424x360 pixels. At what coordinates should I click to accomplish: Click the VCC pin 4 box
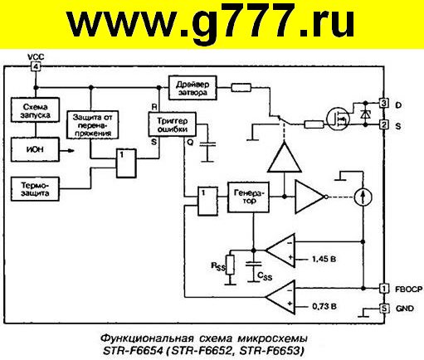tap(36, 66)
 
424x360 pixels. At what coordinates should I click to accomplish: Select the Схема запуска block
tap(35, 110)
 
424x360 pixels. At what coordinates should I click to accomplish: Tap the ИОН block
tap(35, 149)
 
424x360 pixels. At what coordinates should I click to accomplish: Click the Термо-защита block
tap(35, 189)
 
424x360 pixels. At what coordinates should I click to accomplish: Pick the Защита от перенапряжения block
tap(93, 125)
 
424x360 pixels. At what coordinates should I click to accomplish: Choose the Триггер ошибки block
tap(173, 124)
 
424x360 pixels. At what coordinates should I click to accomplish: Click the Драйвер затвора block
tap(193, 88)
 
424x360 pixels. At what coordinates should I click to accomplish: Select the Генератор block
tap(248, 197)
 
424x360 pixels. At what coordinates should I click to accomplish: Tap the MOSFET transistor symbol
tap(338, 119)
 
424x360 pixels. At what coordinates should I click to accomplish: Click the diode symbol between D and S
tap(366, 114)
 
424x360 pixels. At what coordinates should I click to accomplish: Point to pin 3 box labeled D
tap(383, 104)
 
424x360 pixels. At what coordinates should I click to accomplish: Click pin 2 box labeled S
tap(383, 125)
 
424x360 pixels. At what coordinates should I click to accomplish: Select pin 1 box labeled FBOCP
tap(384, 289)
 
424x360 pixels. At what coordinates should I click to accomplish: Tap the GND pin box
tap(384, 308)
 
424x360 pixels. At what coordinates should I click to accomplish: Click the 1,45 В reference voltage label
tap(324, 259)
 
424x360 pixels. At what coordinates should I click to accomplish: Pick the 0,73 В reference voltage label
tap(324, 306)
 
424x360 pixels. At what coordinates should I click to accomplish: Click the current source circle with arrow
tap(363, 197)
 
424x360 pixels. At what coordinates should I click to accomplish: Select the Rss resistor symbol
tap(230, 265)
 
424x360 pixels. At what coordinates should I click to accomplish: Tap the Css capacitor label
tap(265, 276)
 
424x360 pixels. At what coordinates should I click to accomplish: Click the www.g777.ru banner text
tap(211, 22)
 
